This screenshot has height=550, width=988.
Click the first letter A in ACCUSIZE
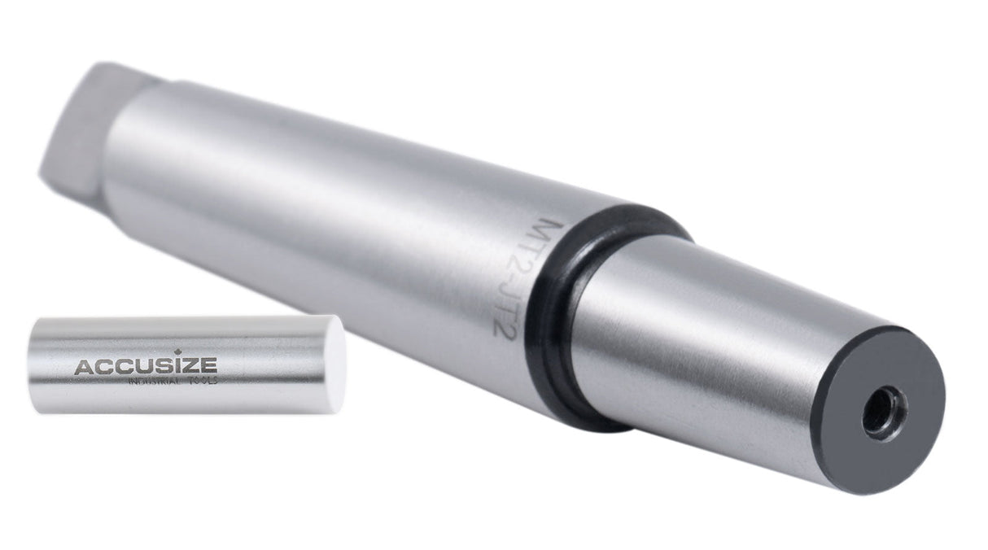coord(83,367)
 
